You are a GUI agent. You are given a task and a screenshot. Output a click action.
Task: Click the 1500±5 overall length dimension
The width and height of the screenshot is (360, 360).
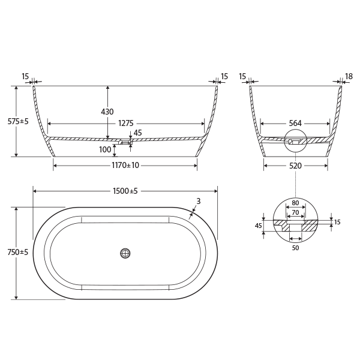coord(125,191)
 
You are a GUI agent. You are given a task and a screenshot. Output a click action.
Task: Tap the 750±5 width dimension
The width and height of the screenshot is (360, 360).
coord(19,253)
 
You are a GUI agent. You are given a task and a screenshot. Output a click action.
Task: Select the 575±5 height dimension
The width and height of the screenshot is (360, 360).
coord(19,121)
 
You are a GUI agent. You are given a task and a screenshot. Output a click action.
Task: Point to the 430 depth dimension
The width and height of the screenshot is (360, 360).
coord(107,112)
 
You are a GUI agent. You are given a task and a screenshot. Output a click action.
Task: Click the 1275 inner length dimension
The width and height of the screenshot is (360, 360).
coord(126,124)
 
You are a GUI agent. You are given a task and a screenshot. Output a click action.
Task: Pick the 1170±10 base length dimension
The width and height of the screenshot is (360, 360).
coord(125,165)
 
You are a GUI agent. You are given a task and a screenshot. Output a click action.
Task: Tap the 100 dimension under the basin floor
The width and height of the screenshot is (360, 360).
coord(106,149)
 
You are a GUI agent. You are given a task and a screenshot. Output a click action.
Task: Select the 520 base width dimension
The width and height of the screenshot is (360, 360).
coord(295,165)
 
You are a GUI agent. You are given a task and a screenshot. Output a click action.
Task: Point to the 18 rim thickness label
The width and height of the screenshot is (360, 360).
coord(349,77)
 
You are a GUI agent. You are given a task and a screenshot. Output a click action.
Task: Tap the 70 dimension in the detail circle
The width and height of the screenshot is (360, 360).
coord(295,212)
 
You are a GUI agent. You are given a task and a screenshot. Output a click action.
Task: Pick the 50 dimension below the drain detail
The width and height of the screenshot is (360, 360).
coord(295,247)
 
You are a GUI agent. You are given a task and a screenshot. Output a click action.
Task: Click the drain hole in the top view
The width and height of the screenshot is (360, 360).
coord(125,253)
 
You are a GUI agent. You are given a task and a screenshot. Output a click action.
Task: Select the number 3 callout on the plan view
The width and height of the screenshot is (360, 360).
coord(198,201)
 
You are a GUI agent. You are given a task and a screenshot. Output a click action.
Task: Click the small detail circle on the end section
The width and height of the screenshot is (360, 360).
coord(295,140)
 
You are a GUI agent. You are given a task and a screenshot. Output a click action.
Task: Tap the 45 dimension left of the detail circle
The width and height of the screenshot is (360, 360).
coord(259,226)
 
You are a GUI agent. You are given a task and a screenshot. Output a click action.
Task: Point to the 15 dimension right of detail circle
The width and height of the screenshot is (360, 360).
coord(337,222)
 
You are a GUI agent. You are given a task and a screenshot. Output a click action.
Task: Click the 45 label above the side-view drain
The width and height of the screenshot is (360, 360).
coord(138,133)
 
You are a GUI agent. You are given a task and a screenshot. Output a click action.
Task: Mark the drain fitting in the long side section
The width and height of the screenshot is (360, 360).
coord(125,142)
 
